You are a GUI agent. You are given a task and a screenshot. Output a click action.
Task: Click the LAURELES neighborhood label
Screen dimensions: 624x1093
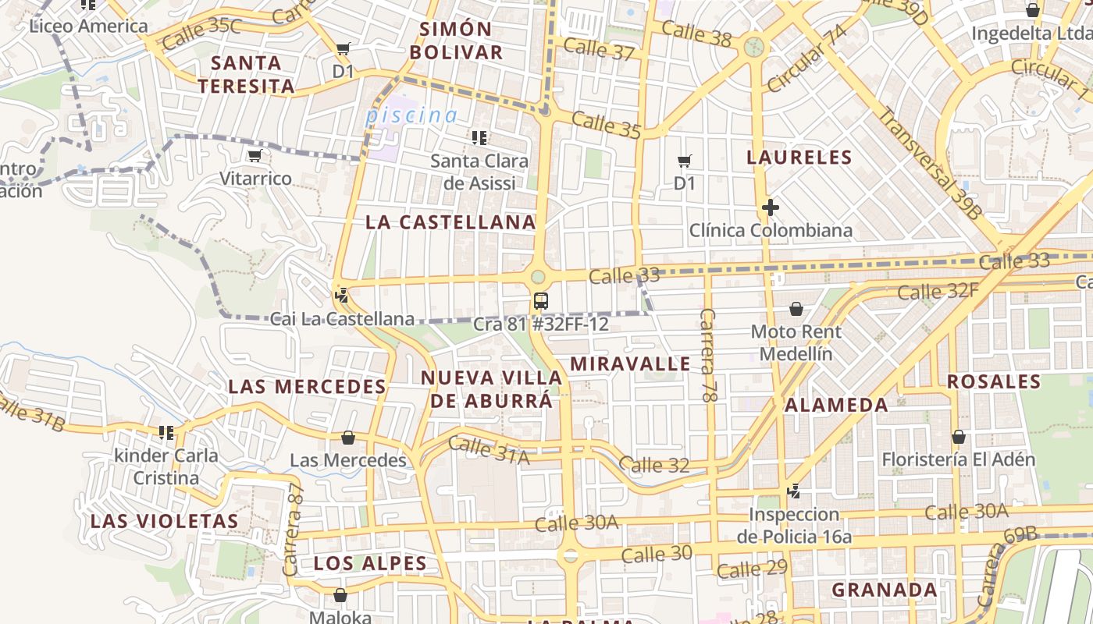tap(799, 158)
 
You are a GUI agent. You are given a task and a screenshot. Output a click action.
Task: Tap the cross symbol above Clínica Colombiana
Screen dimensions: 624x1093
tap(771, 207)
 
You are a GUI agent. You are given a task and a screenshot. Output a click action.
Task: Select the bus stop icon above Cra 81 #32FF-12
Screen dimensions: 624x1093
tap(540, 301)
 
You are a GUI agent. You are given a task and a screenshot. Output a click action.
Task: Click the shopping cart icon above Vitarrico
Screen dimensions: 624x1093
tap(255, 156)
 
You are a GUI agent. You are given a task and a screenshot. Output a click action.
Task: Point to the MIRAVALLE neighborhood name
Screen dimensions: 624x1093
tap(630, 364)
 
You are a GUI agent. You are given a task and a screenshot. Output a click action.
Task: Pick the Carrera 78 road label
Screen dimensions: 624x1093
tap(708, 355)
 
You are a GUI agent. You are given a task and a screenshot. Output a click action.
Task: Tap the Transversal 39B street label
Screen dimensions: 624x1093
tap(929, 162)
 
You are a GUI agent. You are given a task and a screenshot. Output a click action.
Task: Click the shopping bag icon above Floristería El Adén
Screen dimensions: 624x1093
tap(958, 438)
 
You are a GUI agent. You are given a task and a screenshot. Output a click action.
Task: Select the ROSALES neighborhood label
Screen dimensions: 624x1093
tap(994, 382)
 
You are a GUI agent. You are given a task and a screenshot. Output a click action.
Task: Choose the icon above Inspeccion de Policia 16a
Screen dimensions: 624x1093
tap(794, 491)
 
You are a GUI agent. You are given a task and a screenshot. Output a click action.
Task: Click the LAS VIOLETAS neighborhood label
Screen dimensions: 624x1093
tap(164, 521)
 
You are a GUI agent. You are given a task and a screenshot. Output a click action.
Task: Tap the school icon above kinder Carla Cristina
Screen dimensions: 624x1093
tap(166, 432)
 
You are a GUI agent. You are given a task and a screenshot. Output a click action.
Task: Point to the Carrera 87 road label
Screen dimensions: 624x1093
tap(294, 530)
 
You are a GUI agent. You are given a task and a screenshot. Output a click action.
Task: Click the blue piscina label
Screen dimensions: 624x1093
tap(411, 116)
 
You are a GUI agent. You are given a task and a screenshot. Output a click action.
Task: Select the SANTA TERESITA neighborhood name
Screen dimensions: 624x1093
tap(247, 74)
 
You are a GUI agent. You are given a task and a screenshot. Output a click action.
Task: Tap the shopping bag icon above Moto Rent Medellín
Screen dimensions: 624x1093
tap(796, 310)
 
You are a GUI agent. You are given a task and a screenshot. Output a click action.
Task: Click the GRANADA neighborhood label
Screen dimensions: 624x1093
tap(884, 590)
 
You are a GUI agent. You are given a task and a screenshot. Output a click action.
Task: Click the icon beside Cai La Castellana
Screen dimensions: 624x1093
tap(340, 296)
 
